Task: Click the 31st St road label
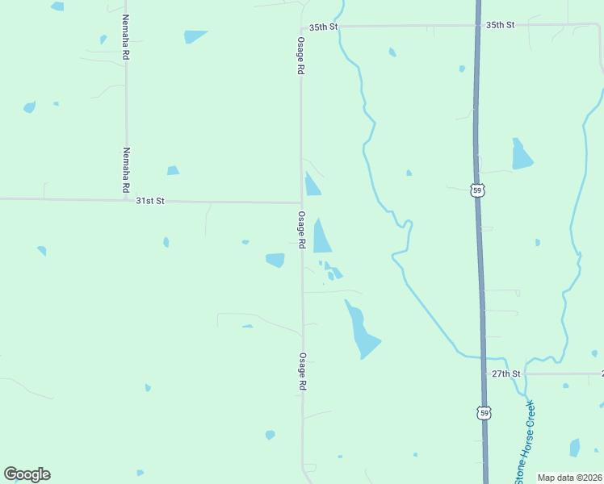coord(150,200)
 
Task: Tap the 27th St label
coord(505,374)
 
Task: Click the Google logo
coord(27,474)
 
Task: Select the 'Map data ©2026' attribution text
coord(570,478)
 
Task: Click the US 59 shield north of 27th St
coord(476,190)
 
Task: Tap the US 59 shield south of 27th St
coord(484,413)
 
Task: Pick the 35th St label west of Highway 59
coord(323,27)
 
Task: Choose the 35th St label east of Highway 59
coord(501,25)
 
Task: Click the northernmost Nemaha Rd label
coord(126,38)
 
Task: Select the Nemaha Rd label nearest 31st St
coord(126,169)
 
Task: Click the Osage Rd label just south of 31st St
coord(301,229)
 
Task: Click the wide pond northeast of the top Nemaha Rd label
coord(195,35)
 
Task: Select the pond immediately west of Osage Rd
coord(275,260)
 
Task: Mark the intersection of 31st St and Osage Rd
coord(301,202)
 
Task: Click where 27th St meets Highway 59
coord(484,374)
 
